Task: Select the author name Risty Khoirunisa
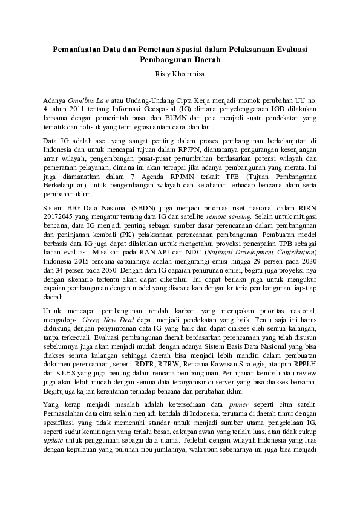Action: [180, 74]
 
